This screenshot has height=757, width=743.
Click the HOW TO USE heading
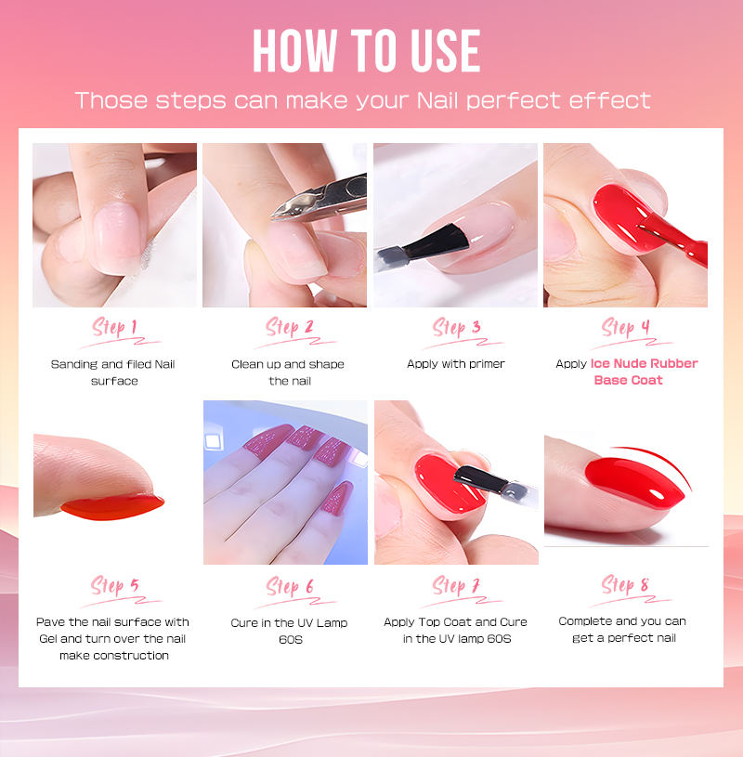(367, 51)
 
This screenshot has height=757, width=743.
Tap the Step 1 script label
(115, 328)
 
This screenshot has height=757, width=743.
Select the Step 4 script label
(626, 328)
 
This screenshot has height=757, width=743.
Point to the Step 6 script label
(290, 587)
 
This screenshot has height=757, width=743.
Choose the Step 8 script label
(625, 585)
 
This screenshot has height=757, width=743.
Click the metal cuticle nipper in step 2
(319, 199)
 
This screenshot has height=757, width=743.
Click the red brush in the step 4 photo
(673, 241)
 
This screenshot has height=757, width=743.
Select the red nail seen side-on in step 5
(112, 507)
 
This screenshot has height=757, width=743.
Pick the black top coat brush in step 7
(496, 485)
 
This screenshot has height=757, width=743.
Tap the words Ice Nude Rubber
(644, 363)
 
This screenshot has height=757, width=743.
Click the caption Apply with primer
(456, 364)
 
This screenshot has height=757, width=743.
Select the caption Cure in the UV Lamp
(289, 623)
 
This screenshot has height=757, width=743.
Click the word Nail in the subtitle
(438, 100)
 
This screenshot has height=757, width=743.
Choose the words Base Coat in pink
(628, 381)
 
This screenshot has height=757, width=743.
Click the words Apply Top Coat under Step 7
(428, 622)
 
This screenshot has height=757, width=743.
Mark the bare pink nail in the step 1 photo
(117, 232)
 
